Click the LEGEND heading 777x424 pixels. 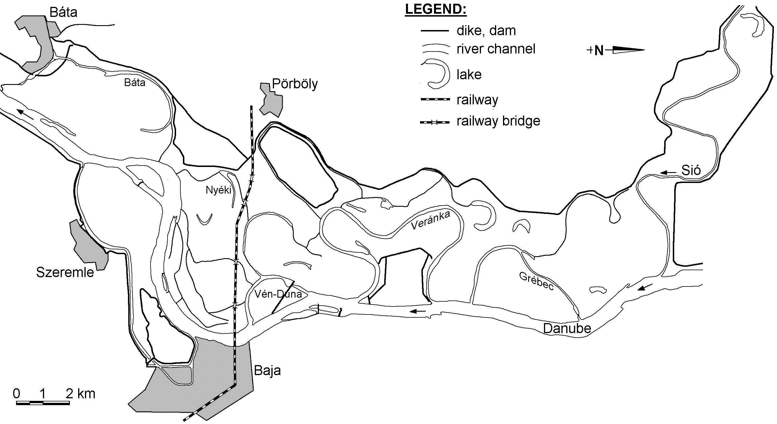point(435,9)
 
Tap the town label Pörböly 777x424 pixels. point(295,84)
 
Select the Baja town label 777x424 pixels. point(267,371)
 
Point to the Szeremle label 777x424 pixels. point(65,272)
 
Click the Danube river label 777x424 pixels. point(567,329)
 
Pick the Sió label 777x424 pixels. point(691,170)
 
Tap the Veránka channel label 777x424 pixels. point(430,220)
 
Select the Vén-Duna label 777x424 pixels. point(278,294)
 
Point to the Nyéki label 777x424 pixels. point(218,190)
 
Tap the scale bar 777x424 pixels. point(43,403)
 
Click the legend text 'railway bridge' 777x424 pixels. point(498,121)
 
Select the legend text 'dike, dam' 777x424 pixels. point(486,31)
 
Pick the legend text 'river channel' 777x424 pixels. point(496,49)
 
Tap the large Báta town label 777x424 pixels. point(63,12)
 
